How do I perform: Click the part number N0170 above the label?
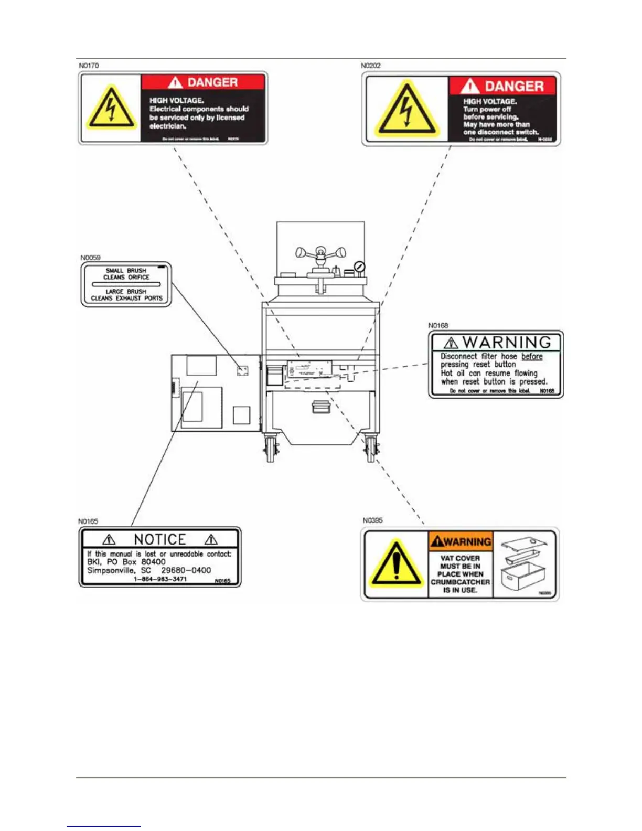pyautogui.click(x=89, y=66)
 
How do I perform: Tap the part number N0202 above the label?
pyautogui.click(x=370, y=66)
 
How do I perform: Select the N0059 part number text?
pyautogui.click(x=90, y=258)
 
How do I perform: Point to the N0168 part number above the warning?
pyautogui.click(x=438, y=325)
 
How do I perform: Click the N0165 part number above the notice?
pyautogui.click(x=88, y=521)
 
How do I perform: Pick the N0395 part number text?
pyautogui.click(x=372, y=520)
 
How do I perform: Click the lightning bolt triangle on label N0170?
pyautogui.click(x=111, y=109)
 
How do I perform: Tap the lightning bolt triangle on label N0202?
pyautogui.click(x=405, y=110)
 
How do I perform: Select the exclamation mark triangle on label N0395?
pyautogui.click(x=397, y=564)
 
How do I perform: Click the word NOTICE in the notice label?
pyautogui.click(x=160, y=539)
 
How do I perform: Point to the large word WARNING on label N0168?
pyautogui.click(x=507, y=343)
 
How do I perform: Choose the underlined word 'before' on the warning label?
pyautogui.click(x=532, y=356)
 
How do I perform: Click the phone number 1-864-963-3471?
pyautogui.click(x=160, y=579)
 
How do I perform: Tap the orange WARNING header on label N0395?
pyautogui.click(x=461, y=541)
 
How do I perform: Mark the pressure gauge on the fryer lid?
pyautogui.click(x=359, y=267)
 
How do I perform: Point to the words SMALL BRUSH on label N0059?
pyautogui.click(x=126, y=271)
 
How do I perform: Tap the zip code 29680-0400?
pyautogui.click(x=186, y=570)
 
